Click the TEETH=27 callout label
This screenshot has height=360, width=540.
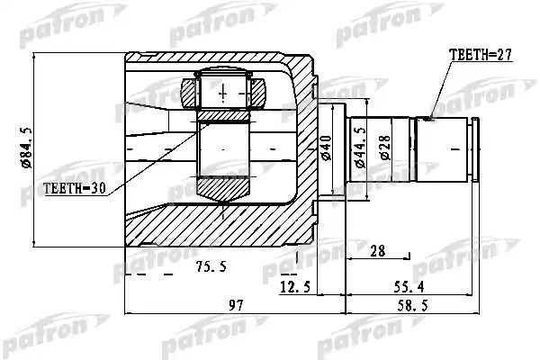[481, 54]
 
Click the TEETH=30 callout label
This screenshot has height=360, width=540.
[75, 188]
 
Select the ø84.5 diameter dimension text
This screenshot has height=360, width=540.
[26, 148]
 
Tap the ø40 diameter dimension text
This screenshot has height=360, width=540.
[326, 148]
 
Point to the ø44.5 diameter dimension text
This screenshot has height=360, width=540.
[360, 148]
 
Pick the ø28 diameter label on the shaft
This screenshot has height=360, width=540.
[385, 148]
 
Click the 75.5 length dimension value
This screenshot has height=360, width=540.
[211, 266]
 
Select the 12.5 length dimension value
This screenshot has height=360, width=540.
[295, 286]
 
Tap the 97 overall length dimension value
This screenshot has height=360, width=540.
[236, 305]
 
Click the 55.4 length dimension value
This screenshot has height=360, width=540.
[409, 286]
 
